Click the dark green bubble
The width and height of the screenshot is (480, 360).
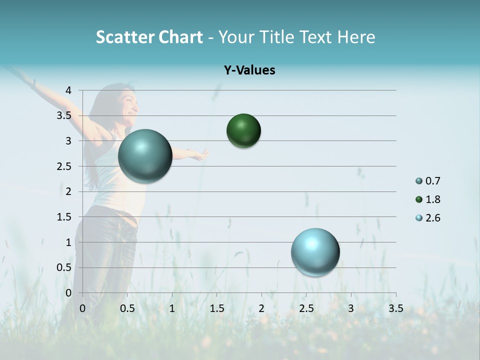243,131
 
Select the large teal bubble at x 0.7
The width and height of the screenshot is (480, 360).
145,156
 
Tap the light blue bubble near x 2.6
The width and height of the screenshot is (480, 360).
315,252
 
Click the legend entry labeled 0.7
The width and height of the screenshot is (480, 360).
429,181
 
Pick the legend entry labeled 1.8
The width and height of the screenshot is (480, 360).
429,199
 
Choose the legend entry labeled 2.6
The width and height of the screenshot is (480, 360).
429,218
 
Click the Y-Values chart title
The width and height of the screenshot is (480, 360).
249,70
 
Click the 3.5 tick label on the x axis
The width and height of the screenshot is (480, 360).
395,308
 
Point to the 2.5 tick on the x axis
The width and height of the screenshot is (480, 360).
306,308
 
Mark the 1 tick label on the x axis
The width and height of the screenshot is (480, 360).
172,308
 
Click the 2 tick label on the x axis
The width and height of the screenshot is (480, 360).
261,308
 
